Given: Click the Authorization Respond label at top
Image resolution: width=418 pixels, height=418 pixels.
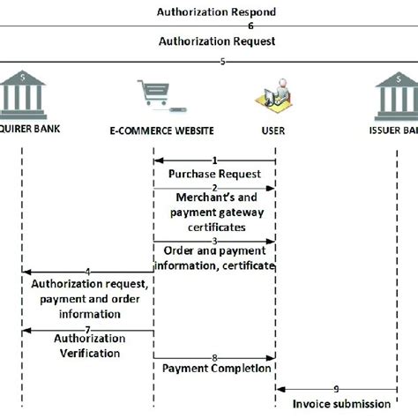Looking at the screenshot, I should click(x=216, y=12).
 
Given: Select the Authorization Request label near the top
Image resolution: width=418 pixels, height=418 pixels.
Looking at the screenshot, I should click(x=216, y=41).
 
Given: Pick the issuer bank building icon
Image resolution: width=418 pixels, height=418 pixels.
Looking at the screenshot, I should click(x=397, y=93).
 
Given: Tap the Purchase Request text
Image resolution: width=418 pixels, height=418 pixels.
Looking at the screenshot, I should click(x=215, y=173).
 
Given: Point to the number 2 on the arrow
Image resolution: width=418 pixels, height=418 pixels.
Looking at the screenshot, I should click(x=214, y=188).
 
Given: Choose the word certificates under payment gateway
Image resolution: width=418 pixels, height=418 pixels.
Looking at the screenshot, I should click(x=215, y=227).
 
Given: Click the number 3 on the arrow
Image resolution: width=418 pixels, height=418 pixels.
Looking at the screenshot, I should click(x=214, y=240).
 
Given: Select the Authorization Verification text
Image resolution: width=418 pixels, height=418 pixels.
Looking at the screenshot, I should click(x=89, y=345).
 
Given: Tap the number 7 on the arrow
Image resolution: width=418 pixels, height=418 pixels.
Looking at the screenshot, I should click(x=88, y=330).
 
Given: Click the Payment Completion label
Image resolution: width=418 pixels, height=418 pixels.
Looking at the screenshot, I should click(x=215, y=369).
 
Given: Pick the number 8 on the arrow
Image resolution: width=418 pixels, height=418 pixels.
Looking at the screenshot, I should click(x=214, y=357).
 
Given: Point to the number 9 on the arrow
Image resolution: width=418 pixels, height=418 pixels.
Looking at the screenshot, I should click(x=336, y=388).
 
